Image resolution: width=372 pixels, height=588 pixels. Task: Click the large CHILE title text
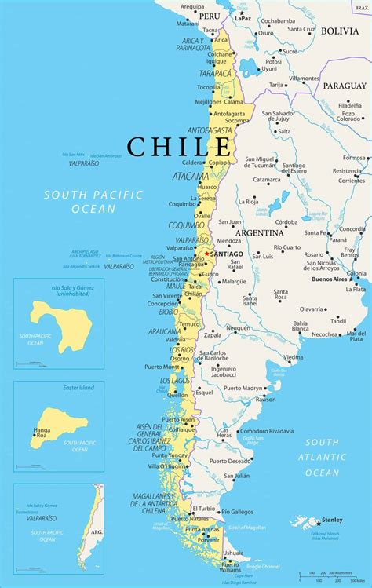(x=180, y=146)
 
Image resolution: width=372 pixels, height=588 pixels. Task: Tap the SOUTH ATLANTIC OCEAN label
(x=322, y=457)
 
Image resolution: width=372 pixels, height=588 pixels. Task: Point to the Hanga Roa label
(x=42, y=433)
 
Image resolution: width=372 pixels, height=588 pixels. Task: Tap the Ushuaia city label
(x=232, y=552)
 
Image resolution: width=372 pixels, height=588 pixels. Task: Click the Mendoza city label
(x=229, y=241)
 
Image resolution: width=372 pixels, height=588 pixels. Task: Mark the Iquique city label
(x=216, y=60)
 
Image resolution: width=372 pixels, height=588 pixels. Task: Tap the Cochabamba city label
(x=277, y=20)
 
